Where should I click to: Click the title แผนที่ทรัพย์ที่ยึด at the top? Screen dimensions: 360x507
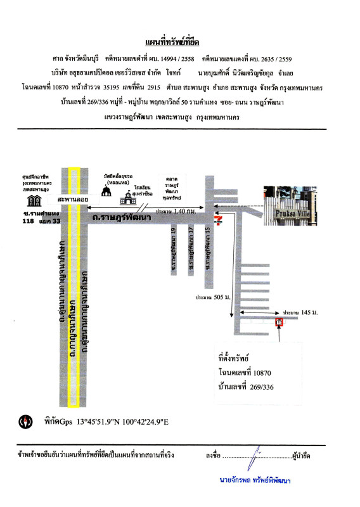(180, 42)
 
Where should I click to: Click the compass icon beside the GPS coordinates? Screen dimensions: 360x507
(26, 421)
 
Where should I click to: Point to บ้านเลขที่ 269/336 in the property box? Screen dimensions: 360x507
(246, 387)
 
